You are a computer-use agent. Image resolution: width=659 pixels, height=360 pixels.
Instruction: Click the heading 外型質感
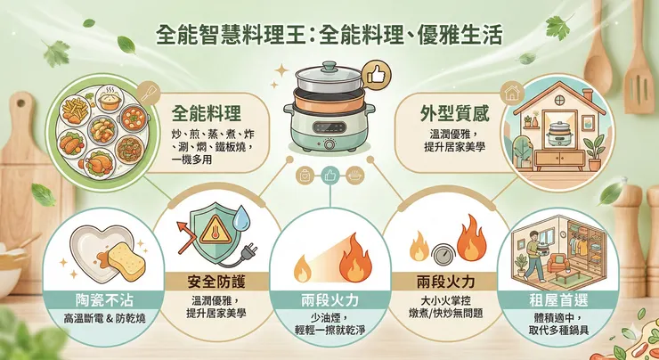click(454, 114)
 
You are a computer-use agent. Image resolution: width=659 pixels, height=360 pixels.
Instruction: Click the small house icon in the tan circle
click(512, 92)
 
